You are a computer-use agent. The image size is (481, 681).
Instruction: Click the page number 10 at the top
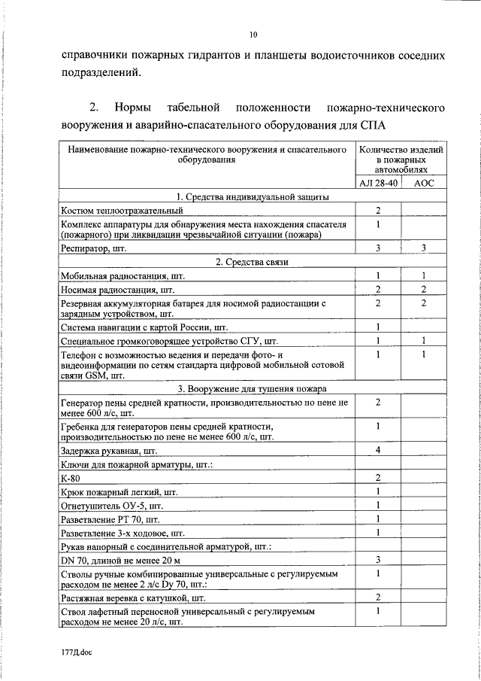253,35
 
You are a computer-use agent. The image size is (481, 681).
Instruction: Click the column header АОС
424,183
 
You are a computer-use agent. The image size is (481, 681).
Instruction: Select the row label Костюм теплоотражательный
123,210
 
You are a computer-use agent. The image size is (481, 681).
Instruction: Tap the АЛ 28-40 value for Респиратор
379,248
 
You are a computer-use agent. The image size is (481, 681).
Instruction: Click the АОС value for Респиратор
424,248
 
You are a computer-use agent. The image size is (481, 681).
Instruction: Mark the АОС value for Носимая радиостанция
424,289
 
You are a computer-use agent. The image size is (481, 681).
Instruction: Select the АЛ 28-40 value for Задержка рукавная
379,450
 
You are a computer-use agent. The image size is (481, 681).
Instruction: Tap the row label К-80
72,478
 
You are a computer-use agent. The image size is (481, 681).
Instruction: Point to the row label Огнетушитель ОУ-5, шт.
112,506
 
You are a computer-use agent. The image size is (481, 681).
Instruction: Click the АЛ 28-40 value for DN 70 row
379,560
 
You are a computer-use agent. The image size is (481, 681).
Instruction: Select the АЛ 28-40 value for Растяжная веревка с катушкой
379,597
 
